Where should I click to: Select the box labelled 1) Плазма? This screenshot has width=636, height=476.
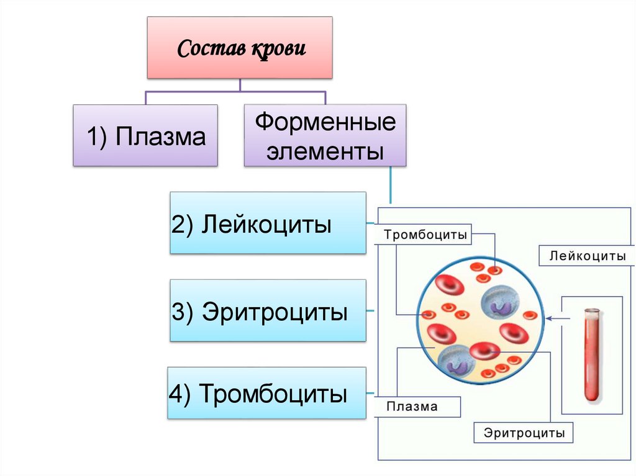[145, 135]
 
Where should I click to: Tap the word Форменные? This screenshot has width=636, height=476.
[325, 122]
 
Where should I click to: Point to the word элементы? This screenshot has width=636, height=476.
[325, 151]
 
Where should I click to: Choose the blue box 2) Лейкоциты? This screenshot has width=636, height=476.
[268, 223]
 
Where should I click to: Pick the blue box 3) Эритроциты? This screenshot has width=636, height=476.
[268, 310]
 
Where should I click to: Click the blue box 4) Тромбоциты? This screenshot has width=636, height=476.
[267, 393]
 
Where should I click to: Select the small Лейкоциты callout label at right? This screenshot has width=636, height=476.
[587, 255]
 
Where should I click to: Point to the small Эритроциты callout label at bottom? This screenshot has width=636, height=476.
[523, 433]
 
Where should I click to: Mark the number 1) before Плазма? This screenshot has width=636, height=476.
[96, 137]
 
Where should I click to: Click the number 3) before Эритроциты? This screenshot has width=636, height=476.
[184, 311]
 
